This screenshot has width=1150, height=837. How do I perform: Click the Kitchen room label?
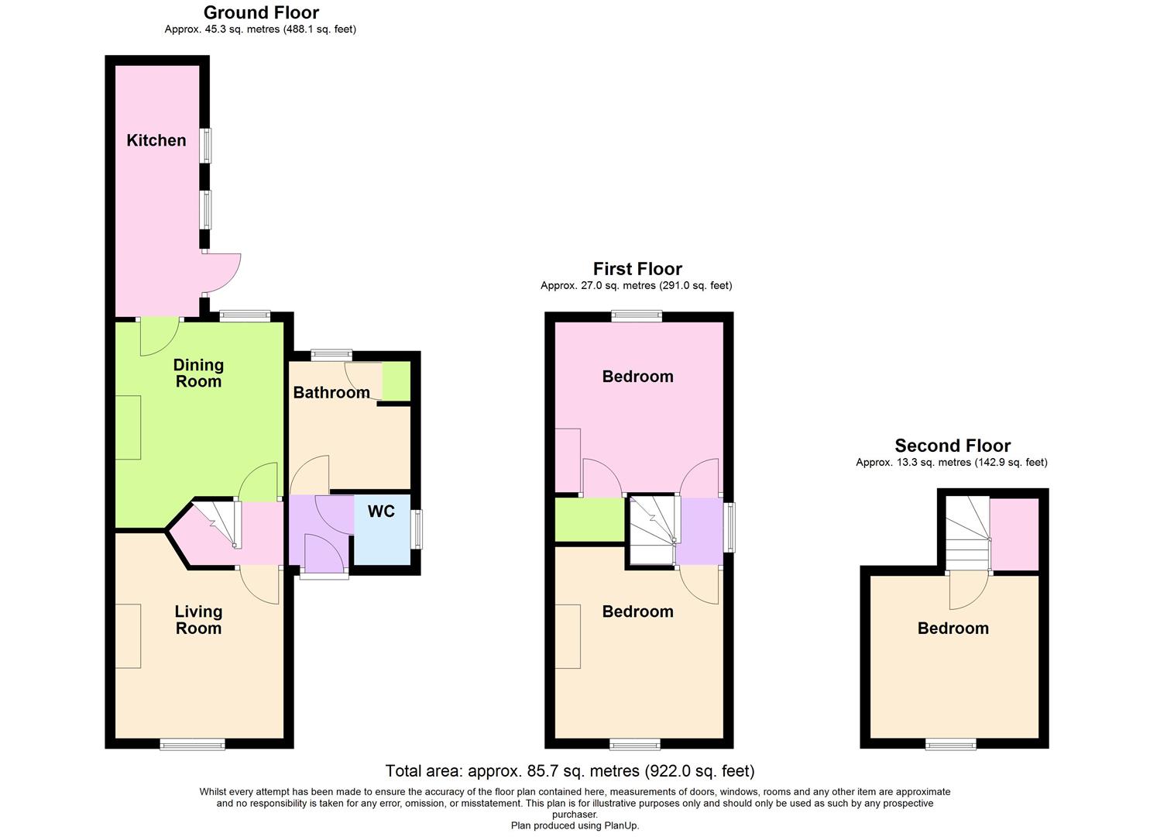click(156, 140)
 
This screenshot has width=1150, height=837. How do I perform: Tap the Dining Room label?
click(198, 373)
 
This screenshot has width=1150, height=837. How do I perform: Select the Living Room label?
click(198, 620)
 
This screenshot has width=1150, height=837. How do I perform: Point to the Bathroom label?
click(331, 392)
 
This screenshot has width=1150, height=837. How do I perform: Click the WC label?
click(381, 511)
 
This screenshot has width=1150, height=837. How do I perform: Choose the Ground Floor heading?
click(261, 12)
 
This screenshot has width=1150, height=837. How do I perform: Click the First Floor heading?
click(637, 269)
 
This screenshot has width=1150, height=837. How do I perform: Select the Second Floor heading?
click(953, 446)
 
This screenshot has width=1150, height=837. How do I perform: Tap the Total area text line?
click(570, 770)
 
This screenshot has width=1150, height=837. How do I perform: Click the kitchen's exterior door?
click(223, 273)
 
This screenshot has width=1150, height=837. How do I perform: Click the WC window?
click(418, 529)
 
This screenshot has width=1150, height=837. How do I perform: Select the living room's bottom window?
click(193, 745)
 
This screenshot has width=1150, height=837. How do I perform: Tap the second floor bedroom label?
click(953, 629)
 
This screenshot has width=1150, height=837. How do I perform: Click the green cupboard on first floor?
click(589, 519)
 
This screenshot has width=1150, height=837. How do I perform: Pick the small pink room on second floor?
click(1014, 534)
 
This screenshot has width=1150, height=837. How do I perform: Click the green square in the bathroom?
click(396, 381)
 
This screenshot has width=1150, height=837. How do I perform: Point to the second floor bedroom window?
click(951, 745)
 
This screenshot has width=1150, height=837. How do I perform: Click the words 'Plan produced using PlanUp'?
click(575, 826)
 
